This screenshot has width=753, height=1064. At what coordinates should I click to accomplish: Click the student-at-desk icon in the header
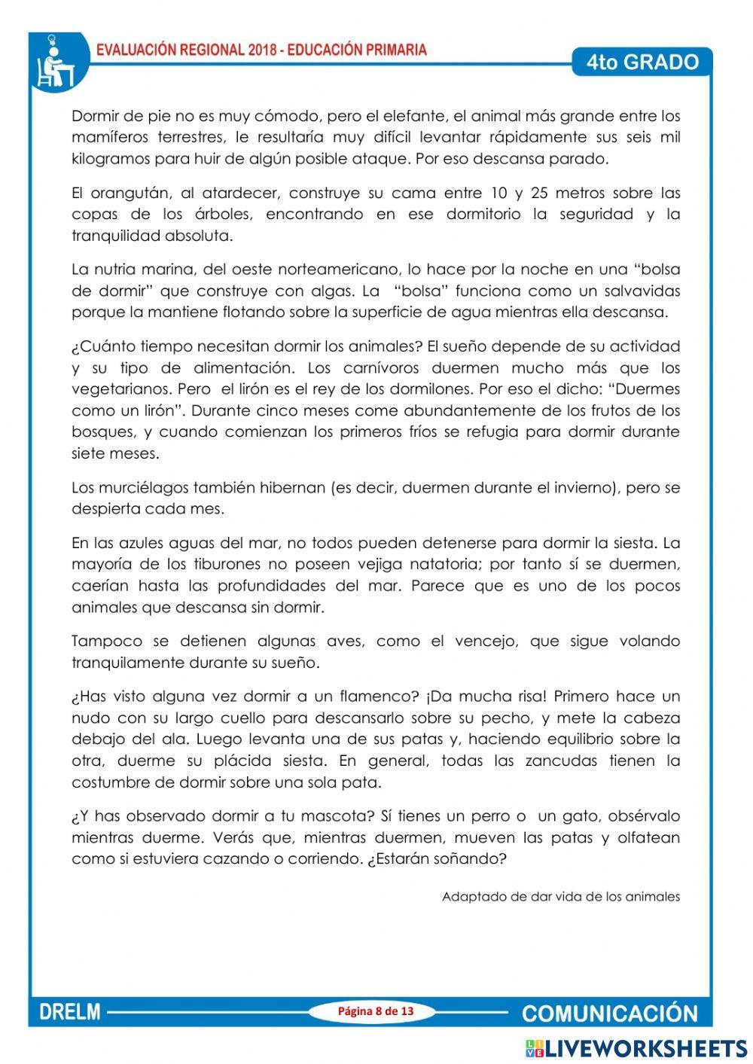pyautogui.click(x=54, y=62)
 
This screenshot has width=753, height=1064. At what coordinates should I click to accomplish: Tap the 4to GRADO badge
pyautogui.click(x=642, y=62)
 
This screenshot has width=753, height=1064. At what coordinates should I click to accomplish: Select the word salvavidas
pyautogui.click(x=639, y=291)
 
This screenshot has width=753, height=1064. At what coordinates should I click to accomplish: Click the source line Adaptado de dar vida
pyautogui.click(x=560, y=897)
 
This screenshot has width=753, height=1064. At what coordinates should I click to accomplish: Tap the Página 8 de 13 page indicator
pyautogui.click(x=376, y=1011)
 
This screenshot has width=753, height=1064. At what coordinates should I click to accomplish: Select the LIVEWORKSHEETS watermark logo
pyautogui.click(x=637, y=1048)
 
